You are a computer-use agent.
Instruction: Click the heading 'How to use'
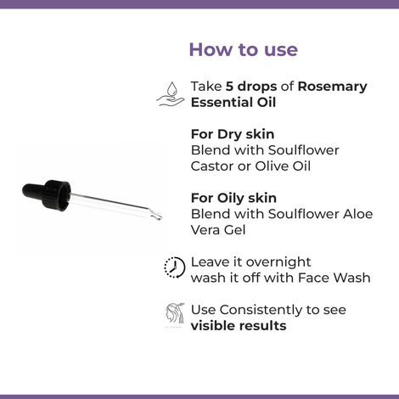(243, 49)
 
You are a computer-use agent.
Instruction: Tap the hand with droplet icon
(171, 94)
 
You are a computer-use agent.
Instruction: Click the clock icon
(174, 268)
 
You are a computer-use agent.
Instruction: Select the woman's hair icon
(174, 316)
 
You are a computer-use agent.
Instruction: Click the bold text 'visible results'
(239, 325)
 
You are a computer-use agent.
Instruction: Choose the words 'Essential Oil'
(234, 103)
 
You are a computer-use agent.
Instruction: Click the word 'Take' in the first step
(206, 87)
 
